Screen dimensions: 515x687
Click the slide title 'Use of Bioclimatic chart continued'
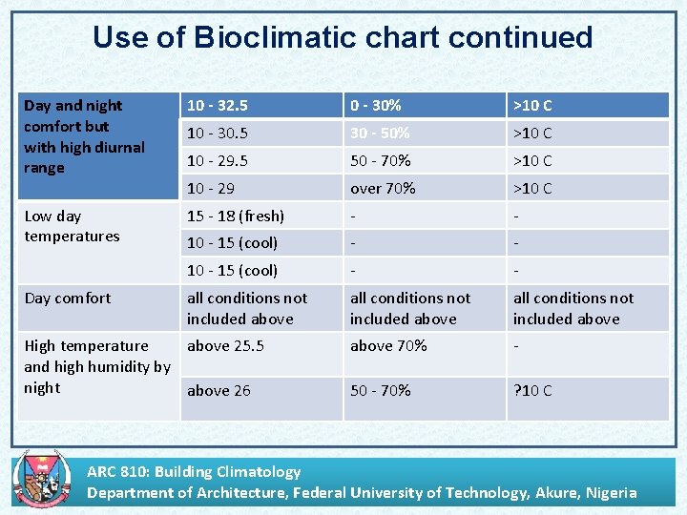click(343, 38)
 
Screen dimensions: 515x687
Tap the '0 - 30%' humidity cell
click(376, 106)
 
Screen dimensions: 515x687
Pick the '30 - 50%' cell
click(380, 134)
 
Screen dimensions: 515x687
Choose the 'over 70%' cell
click(383, 189)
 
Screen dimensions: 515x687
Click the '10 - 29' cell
click(211, 189)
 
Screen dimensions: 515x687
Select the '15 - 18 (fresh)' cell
click(236, 216)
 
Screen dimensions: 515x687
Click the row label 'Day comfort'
click(68, 299)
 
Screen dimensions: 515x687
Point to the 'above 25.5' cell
click(225, 346)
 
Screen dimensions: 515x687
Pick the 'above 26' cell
click(219, 391)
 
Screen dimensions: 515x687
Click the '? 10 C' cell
click(532, 391)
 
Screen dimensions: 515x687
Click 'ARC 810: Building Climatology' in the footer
click(194, 471)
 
